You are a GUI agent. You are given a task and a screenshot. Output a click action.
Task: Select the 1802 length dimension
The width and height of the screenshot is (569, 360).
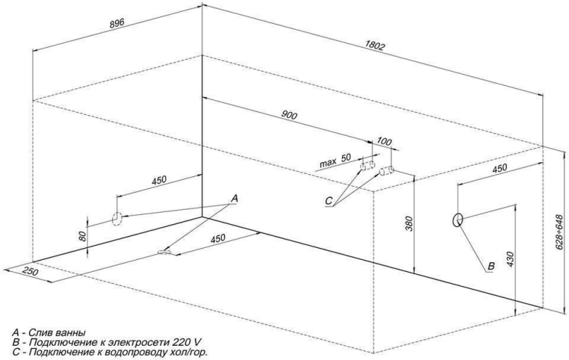coord(376,47)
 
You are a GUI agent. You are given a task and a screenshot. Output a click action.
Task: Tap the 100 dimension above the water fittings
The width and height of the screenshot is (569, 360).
coord(385,142)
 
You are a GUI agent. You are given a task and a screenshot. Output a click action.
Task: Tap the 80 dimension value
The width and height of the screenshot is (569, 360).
coord(84,235)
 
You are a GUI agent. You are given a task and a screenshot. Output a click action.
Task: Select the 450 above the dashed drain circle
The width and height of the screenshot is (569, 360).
coord(158,181)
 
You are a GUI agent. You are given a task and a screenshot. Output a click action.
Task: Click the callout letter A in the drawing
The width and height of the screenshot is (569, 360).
coord(234,198)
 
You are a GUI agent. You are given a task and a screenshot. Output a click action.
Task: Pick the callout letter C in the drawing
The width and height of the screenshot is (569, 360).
coord(328,200)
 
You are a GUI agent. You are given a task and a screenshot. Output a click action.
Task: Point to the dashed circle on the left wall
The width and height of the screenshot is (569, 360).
coord(117,218)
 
